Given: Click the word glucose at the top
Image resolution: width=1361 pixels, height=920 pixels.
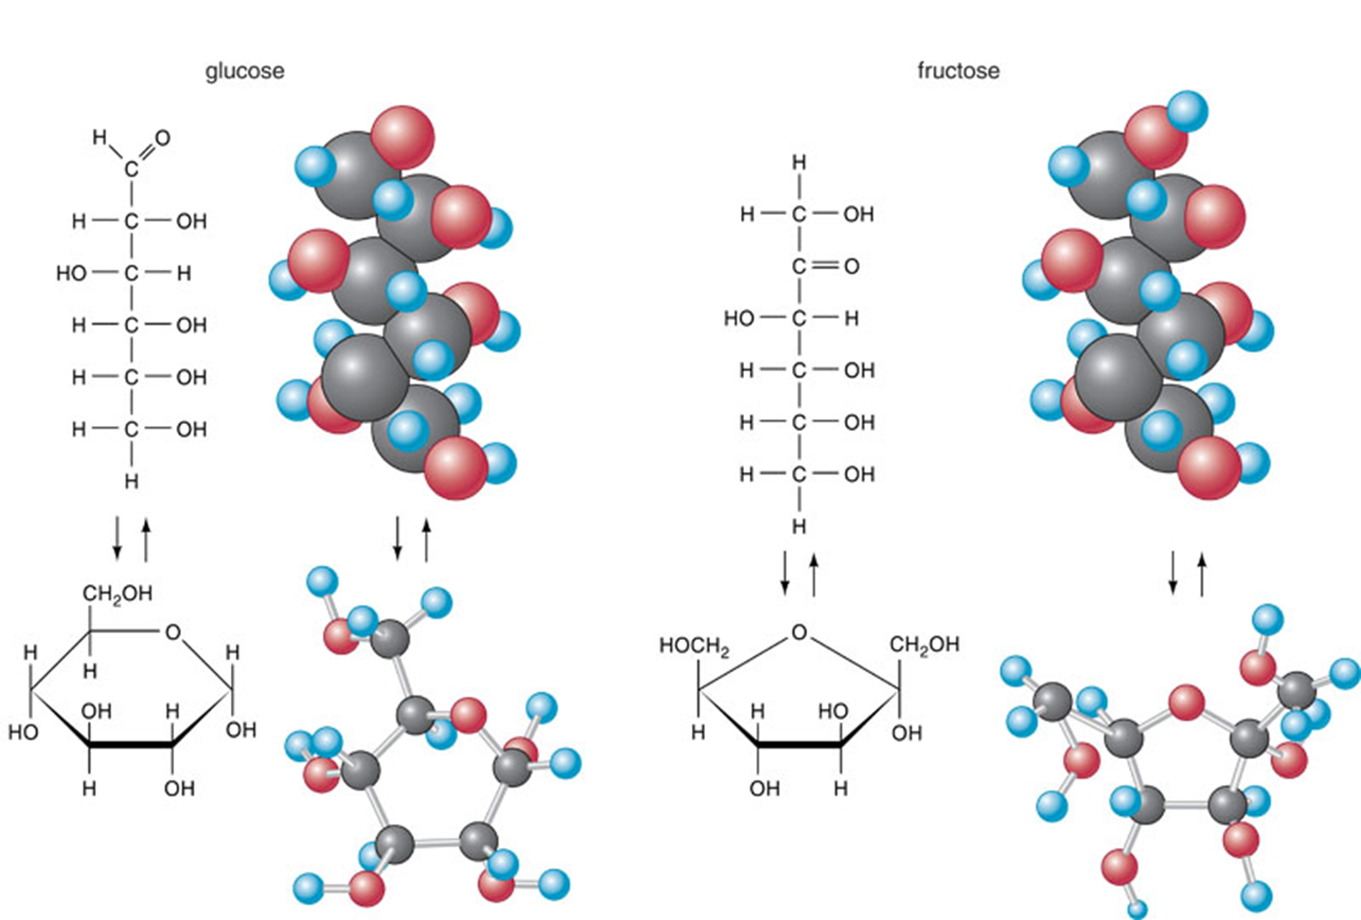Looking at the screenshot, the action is click(245, 72).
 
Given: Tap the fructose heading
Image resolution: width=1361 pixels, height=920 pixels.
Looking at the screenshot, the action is click(958, 70).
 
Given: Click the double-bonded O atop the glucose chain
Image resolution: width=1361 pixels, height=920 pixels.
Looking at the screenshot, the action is click(162, 138).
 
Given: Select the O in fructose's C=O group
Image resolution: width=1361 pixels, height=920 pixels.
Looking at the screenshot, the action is click(851, 266).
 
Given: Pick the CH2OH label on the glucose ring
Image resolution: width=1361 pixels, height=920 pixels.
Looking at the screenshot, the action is click(117, 593).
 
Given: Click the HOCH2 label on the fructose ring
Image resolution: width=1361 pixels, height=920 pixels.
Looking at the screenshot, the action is click(694, 646).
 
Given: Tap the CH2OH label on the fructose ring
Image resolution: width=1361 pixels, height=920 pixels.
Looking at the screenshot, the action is click(924, 645).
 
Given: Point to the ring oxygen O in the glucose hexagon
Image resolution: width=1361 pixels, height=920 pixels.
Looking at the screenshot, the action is click(173, 632).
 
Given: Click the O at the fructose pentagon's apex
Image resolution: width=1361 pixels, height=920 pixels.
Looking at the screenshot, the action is click(799, 632).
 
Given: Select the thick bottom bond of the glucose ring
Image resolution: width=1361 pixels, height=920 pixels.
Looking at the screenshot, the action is click(132, 744).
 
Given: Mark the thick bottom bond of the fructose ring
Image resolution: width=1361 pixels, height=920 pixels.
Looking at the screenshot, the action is click(799, 744).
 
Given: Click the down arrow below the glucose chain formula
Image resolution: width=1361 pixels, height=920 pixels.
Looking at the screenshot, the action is click(117, 538).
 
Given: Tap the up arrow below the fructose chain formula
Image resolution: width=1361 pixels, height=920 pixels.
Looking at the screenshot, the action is click(814, 575).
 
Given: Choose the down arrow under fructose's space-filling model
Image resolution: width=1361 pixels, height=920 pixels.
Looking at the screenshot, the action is click(1174, 573).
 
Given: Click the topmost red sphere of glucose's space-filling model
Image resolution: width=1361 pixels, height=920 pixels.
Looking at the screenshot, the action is click(402, 137).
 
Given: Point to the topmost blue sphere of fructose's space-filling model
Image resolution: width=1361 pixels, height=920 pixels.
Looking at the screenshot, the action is click(1187, 111).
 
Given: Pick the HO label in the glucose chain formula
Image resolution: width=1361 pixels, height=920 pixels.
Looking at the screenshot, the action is click(71, 274).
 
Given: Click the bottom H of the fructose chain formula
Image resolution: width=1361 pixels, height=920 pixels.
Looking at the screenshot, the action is click(799, 526).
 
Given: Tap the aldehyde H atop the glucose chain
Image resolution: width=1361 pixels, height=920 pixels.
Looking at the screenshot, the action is click(100, 138).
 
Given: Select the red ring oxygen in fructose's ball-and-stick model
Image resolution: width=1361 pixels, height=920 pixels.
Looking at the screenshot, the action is click(1186, 703).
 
